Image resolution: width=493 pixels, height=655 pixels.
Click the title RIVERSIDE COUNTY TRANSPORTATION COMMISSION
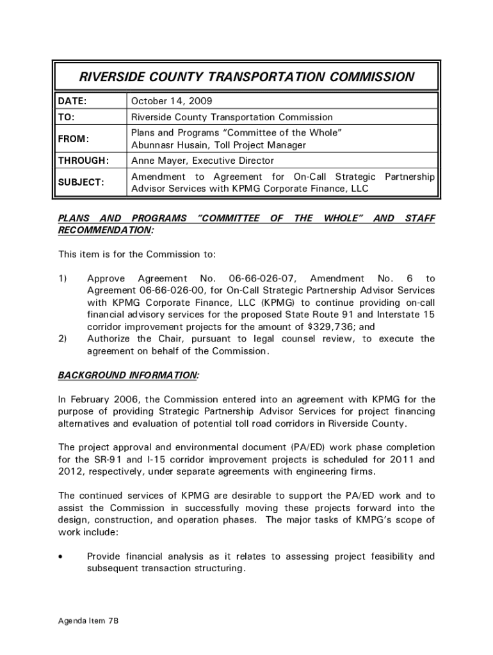(x=247, y=77)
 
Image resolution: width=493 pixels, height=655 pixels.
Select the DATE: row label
(x=72, y=101)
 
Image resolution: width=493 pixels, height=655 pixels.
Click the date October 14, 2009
(x=172, y=101)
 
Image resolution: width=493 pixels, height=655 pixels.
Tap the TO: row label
(x=66, y=117)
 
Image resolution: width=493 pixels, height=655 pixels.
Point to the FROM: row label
(x=74, y=139)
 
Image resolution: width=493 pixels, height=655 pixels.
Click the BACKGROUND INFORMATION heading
(x=128, y=375)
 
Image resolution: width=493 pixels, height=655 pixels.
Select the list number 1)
(x=63, y=278)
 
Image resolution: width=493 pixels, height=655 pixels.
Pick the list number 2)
(x=63, y=338)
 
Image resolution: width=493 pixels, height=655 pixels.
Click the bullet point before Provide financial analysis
(x=60, y=557)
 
